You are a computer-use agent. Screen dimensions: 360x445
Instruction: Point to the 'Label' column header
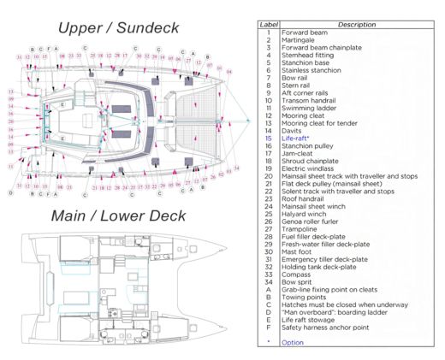[269, 25]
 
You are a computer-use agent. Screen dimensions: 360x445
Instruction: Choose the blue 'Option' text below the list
[293, 342]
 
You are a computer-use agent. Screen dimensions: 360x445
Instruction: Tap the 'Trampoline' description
[301, 227]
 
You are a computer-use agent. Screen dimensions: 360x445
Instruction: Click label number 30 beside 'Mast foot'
[269, 251]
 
